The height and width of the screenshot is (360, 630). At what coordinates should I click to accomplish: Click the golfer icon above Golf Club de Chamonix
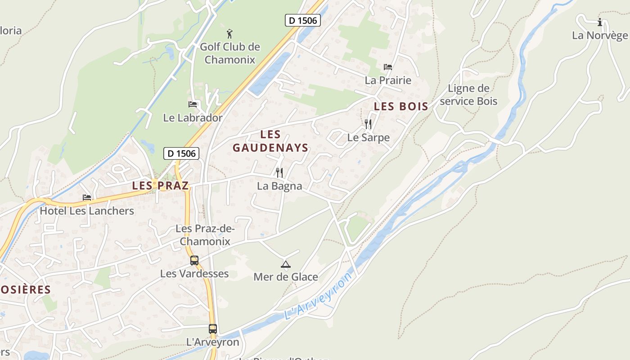[229, 33]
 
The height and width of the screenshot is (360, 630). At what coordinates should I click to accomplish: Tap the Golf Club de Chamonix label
[230, 53]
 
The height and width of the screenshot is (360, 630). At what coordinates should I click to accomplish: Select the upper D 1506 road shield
[302, 20]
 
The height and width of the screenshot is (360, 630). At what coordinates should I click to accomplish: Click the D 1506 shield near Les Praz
[181, 153]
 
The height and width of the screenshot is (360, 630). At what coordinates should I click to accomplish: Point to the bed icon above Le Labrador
[193, 104]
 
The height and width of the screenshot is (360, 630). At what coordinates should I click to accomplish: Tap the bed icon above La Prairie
[388, 67]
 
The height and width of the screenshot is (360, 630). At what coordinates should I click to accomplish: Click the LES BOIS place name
[401, 107]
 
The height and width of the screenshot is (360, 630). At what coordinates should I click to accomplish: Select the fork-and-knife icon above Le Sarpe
[368, 124]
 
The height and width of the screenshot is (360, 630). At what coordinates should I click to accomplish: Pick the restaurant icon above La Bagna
[279, 172]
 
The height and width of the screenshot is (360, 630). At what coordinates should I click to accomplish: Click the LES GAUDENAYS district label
[270, 141]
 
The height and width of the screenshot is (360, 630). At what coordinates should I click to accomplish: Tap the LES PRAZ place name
[160, 185]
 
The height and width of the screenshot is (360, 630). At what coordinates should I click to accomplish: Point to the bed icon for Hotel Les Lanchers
[87, 198]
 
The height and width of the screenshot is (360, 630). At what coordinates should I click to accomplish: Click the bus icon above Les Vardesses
[194, 261]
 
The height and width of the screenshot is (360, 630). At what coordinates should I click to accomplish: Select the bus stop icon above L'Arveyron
[213, 329]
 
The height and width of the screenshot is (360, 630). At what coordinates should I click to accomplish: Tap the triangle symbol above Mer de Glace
[285, 264]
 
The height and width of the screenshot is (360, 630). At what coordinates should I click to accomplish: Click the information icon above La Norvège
[599, 22]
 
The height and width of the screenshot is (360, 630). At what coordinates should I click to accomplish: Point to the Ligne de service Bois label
[468, 94]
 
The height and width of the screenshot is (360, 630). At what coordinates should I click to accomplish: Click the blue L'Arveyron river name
[318, 297]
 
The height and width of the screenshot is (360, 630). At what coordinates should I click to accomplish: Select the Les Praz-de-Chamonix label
[205, 235]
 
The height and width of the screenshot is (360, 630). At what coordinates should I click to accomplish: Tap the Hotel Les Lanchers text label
[87, 211]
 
